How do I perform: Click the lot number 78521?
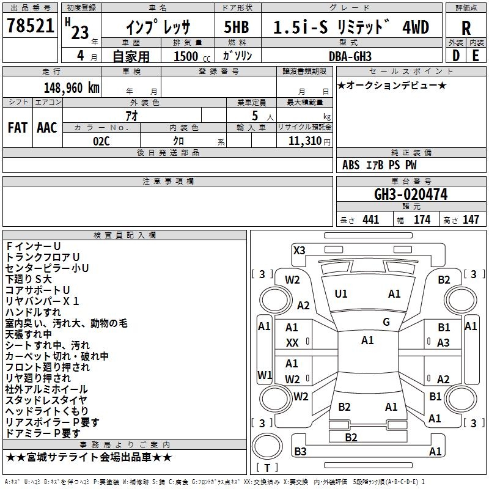click(30, 26)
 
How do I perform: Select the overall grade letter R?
click(466, 28)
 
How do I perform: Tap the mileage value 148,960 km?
click(72, 88)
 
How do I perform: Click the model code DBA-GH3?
click(350, 56)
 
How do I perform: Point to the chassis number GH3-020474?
click(411, 194)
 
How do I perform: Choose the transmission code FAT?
click(18, 128)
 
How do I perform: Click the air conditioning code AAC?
click(47, 128)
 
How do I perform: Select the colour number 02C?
click(101, 141)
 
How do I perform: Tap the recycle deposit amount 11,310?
click(304, 141)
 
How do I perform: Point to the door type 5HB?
click(237, 27)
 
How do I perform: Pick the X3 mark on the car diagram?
click(299, 250)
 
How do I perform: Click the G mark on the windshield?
click(386, 322)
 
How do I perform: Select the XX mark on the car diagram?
click(292, 343)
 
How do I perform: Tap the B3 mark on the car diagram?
click(300, 451)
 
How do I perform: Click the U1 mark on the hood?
click(340, 294)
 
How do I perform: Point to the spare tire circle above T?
click(267, 446)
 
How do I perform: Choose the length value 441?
click(370, 220)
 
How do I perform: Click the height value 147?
click(471, 220)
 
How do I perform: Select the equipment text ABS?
click(351, 165)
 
